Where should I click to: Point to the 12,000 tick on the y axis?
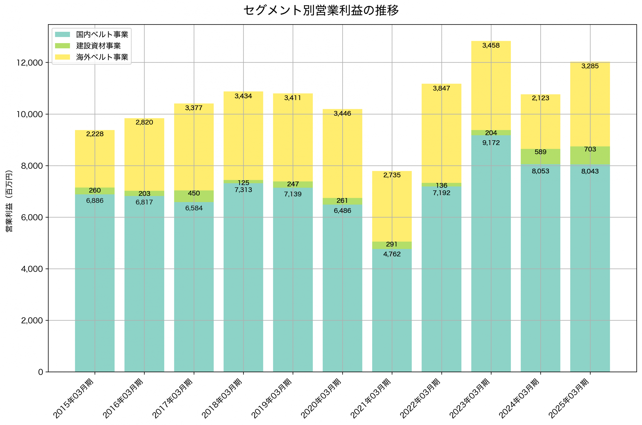pos(30,63)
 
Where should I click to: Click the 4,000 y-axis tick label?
pos(32,269)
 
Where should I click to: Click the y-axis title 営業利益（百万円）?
pos(9,201)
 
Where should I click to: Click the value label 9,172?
pos(491,143)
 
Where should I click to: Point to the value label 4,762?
pos(392,254)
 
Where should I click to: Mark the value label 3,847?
pos(441,88)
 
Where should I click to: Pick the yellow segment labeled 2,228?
pos(95,160)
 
